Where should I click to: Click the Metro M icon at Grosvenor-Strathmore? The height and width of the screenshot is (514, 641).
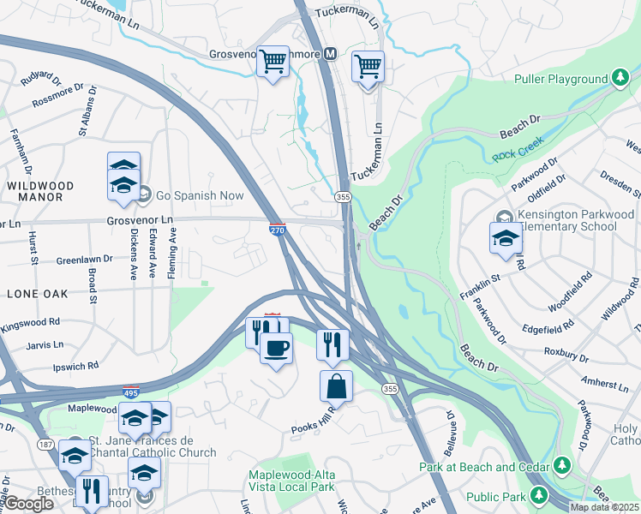[x=328, y=54]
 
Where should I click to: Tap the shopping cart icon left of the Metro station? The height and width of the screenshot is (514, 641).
[x=273, y=62]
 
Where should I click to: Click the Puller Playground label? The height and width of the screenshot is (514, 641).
[x=560, y=79]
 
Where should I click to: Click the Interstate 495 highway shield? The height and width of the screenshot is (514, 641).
[x=130, y=391]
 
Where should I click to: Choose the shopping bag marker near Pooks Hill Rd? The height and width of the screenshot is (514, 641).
[x=336, y=385]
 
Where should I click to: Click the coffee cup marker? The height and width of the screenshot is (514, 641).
[x=276, y=348]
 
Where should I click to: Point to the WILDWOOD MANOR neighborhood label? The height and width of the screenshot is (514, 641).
[x=40, y=191]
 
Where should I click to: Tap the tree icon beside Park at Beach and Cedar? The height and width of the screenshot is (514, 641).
[x=562, y=465]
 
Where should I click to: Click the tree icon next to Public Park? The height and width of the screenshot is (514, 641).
[x=538, y=494]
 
